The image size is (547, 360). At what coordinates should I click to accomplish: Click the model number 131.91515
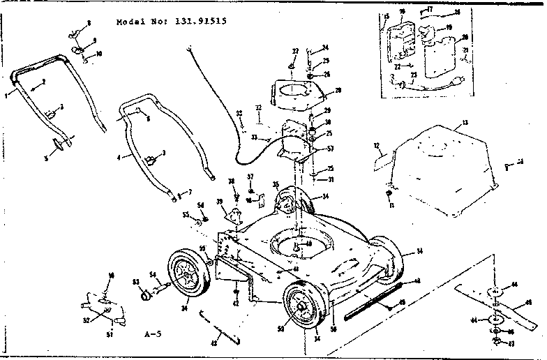[196, 21]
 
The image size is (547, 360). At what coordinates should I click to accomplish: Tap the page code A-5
[152, 334]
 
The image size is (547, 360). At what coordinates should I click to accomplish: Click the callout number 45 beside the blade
[529, 302]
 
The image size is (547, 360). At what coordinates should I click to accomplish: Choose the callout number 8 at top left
[89, 24]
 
